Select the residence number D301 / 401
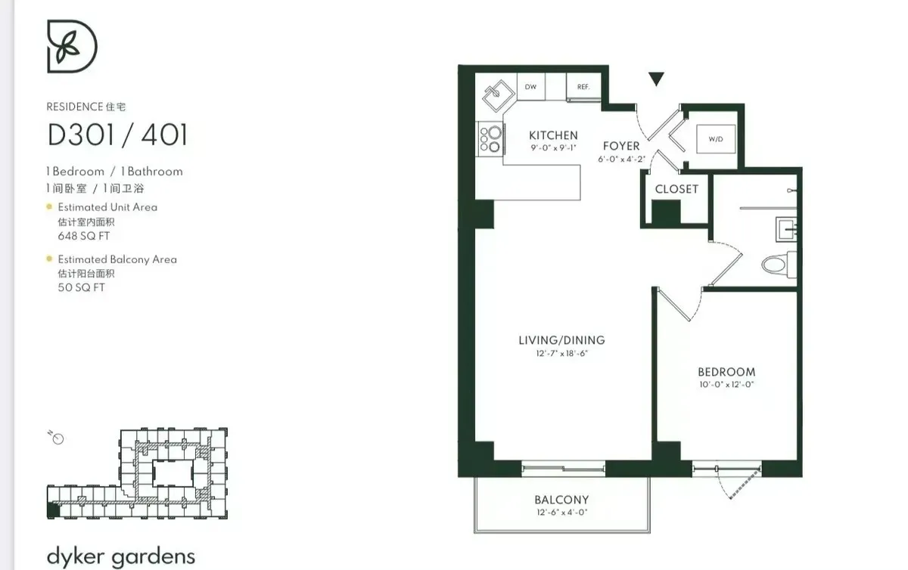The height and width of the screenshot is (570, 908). (117, 135)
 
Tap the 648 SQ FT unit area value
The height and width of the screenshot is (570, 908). (84, 236)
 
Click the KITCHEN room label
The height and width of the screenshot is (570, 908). (553, 135)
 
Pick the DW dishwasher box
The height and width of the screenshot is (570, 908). (530, 87)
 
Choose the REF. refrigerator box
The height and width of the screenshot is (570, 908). (583, 87)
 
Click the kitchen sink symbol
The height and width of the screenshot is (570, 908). (496, 95)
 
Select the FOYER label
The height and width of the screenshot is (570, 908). (621, 146)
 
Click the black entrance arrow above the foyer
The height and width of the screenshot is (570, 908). (656, 78)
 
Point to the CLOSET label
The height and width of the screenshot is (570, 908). (676, 189)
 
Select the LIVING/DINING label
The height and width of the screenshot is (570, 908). (561, 340)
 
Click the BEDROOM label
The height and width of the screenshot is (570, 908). (726, 372)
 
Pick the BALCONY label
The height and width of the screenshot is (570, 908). (561, 500)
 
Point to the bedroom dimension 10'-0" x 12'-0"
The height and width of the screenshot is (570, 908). (726, 385)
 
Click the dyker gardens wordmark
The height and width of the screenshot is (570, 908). (121, 557)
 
